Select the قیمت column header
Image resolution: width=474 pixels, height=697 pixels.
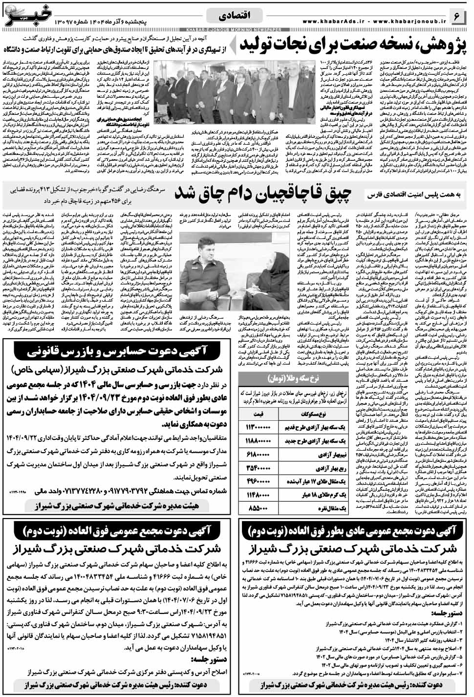259,414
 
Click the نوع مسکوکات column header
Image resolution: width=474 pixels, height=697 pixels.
316,414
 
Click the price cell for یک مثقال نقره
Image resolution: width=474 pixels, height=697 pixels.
259,508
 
